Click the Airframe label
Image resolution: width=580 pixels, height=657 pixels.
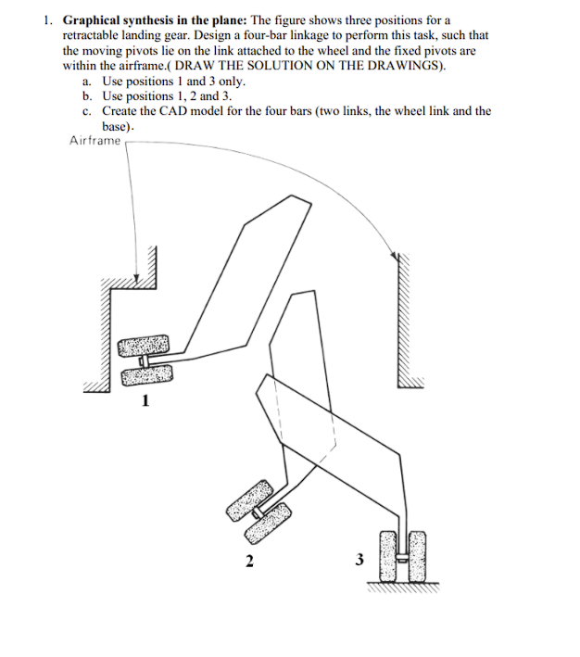tap(95, 141)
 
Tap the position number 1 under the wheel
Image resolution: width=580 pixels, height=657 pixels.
tap(145, 401)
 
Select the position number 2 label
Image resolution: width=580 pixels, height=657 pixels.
tap(248, 560)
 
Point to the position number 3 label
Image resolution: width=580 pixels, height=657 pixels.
tap(360, 559)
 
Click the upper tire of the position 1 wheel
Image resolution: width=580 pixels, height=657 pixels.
tap(145, 346)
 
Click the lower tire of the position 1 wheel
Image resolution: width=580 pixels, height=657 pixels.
tap(146, 375)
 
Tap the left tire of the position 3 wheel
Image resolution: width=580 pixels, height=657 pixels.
tap(389, 554)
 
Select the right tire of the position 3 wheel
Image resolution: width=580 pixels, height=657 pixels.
tap(416, 554)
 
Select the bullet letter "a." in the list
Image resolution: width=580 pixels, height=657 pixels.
tap(87, 82)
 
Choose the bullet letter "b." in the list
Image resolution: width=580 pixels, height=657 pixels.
tap(87, 95)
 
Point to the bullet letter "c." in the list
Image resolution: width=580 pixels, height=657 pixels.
tap(87, 110)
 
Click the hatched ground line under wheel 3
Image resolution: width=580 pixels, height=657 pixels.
tap(403, 586)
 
